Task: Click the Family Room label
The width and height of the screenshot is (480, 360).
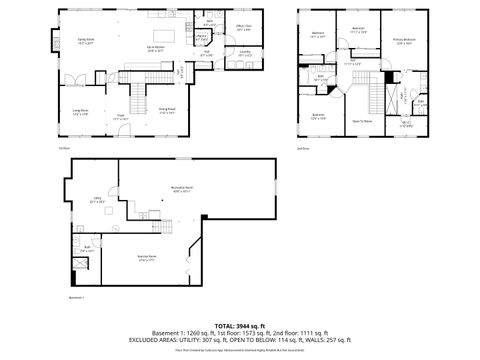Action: click(86, 42)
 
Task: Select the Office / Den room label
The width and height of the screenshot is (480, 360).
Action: click(243, 30)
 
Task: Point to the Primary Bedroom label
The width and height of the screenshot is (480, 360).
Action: click(404, 41)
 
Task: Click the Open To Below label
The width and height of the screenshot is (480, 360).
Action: click(362, 121)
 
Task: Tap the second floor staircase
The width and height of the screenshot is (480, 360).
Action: click(378, 96)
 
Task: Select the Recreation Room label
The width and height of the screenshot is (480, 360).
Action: click(181, 189)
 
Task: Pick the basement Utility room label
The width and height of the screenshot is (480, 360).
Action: click(98, 200)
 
